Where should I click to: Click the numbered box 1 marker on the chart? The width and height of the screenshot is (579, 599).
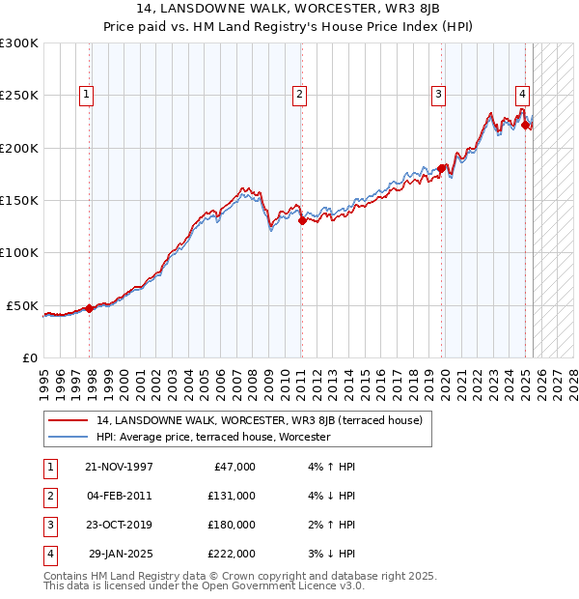click(x=88, y=95)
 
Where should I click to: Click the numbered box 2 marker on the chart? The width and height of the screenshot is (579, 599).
click(x=300, y=95)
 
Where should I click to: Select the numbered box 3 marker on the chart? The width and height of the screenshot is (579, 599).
click(x=438, y=95)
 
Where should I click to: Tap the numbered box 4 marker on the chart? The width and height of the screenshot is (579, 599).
click(x=522, y=95)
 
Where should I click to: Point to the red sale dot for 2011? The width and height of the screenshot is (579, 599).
click(x=302, y=220)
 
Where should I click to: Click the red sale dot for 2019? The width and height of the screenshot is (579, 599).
click(x=441, y=169)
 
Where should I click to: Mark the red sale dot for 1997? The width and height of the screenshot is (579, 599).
click(x=90, y=308)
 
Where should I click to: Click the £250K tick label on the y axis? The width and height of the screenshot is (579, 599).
click(x=19, y=96)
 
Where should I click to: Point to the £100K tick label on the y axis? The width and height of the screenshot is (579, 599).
click(x=19, y=252)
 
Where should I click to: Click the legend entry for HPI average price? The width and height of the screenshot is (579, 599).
click(x=213, y=438)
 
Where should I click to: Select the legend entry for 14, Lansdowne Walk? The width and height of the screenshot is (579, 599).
click(x=259, y=420)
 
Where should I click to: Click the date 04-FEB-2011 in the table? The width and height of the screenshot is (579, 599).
click(x=119, y=496)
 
